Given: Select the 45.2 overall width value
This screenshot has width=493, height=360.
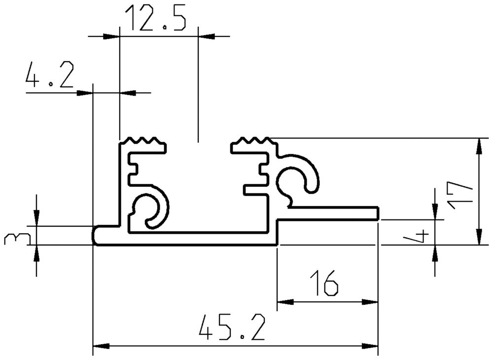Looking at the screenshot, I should pyautogui.click(x=232, y=328).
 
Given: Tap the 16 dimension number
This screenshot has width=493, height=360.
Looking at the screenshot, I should pyautogui.click(x=324, y=283).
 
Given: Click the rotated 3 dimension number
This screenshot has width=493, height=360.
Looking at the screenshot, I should pyautogui.click(x=12, y=240).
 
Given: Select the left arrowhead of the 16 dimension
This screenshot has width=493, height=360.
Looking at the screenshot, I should pyautogui.click(x=284, y=302).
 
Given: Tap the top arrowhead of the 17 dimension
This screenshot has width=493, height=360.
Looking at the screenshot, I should pyautogui.click(x=479, y=146).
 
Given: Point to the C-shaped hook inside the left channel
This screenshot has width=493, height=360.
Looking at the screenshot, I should pyautogui.click(x=153, y=210).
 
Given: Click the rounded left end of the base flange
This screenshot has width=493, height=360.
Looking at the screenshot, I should pyautogui.click(x=96, y=235).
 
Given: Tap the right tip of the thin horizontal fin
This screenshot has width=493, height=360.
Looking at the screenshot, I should pyautogui.click(x=377, y=214).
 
